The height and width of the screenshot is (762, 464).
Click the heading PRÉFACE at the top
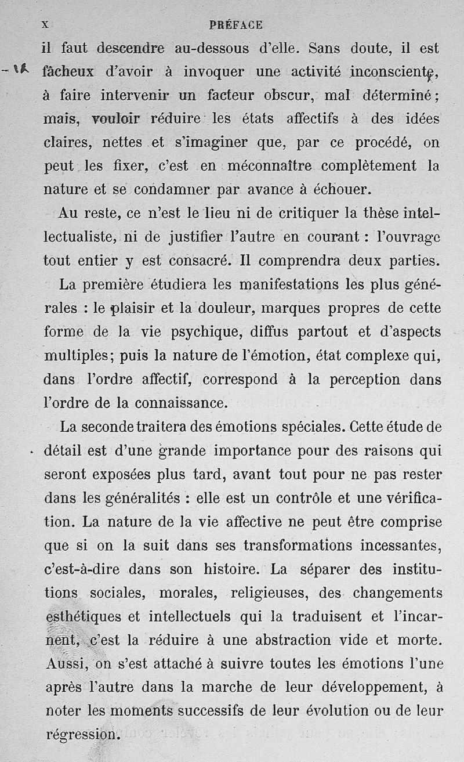pyautogui.click(x=235, y=25)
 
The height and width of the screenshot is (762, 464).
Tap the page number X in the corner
pyautogui.click(x=44, y=25)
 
